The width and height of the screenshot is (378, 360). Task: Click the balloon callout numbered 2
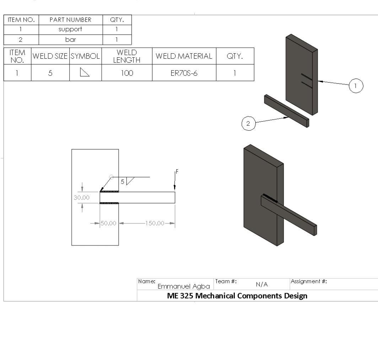coord(248,124)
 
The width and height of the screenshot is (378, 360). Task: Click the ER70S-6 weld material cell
coord(184,73)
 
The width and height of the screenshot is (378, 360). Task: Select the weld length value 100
coord(127,73)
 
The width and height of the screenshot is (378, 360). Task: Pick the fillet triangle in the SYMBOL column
coord(85,73)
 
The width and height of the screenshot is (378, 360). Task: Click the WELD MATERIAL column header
coord(184,56)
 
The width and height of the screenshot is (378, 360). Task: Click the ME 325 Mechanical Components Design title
coord(237,296)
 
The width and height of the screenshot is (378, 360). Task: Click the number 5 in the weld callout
coord(123,182)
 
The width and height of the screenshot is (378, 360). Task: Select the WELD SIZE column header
coord(50,56)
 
